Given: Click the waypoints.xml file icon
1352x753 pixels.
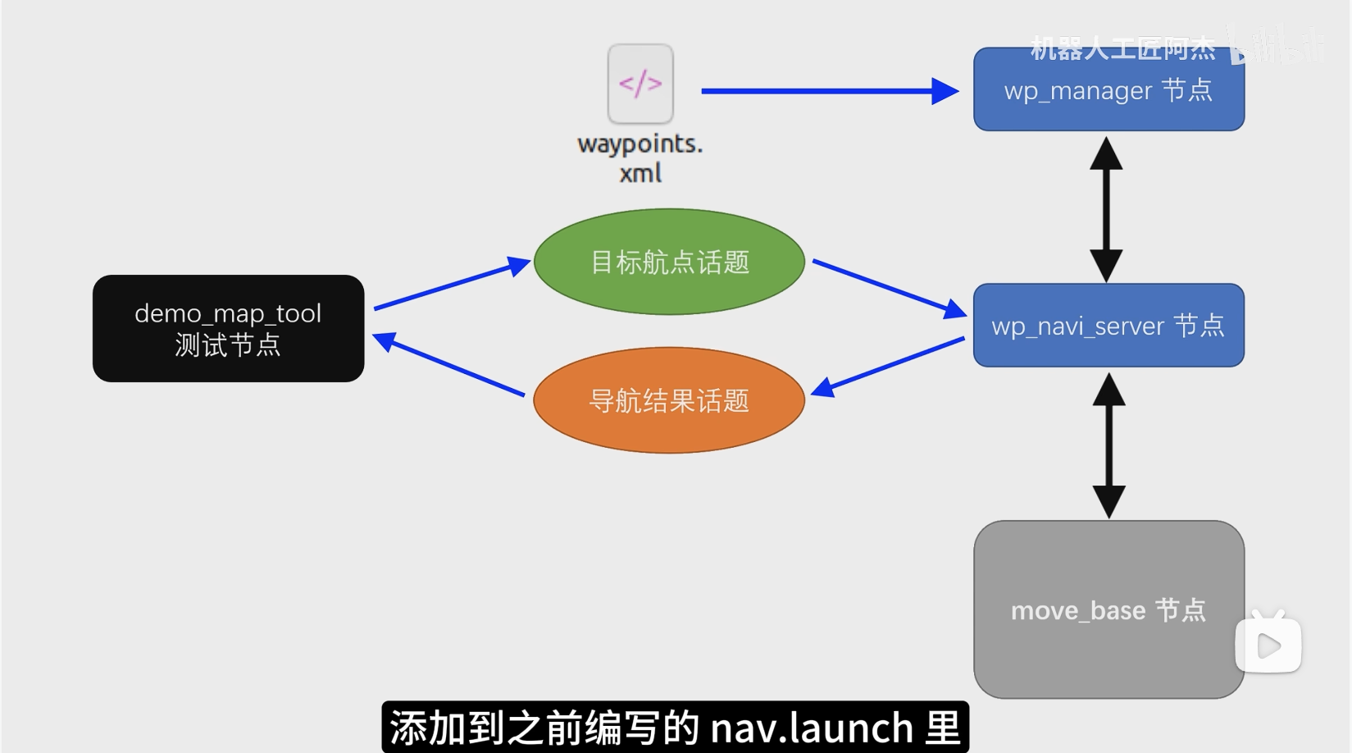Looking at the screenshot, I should tap(640, 84).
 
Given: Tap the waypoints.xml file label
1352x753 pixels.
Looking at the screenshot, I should tap(640, 157).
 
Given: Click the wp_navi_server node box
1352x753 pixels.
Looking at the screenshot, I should tap(1108, 326).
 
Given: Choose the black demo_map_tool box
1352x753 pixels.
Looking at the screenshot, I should tap(228, 328).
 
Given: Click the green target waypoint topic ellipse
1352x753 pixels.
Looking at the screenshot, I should tap(669, 262).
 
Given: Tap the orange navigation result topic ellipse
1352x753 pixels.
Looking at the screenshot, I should tap(669, 400).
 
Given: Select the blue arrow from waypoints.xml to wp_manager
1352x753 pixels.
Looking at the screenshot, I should tap(828, 91).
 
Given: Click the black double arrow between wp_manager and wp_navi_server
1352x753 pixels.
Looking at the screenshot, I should tap(1106, 209).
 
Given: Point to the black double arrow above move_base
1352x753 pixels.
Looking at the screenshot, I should tap(1108, 445).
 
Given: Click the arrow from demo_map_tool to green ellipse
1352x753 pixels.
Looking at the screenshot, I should tap(451, 286).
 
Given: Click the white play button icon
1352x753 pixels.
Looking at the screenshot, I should tap(1268, 645).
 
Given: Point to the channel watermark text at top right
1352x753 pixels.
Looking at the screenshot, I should tap(1123, 48).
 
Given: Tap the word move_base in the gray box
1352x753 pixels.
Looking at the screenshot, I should tap(1077, 611).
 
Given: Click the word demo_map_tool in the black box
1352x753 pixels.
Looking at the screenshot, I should tap(228, 313).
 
